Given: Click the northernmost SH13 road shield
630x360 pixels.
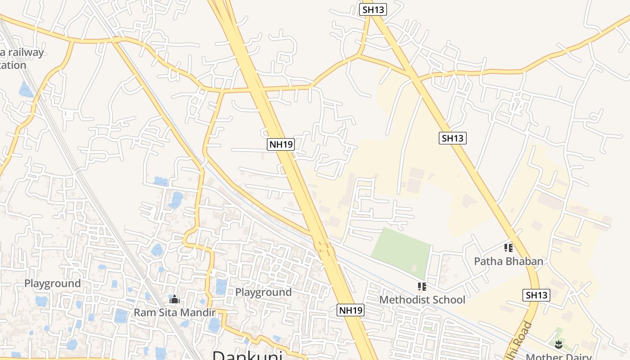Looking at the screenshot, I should (373, 9).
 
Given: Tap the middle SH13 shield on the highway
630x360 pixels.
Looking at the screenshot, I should (452, 138).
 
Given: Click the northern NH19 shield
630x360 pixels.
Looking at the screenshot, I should (281, 144).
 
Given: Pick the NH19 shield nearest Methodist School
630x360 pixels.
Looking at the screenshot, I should (351, 310).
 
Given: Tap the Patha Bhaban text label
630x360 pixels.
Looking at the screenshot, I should (508, 261).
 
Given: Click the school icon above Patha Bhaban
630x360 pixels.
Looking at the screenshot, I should (508, 248).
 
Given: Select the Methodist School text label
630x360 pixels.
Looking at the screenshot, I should (422, 300).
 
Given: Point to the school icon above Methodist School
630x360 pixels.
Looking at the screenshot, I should (422, 287).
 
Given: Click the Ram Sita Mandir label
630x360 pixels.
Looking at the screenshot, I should (175, 312).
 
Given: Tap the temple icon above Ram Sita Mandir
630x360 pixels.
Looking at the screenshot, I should (174, 299).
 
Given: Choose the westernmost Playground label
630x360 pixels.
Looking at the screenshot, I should (53, 283).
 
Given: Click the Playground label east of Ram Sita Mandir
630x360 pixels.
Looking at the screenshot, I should (263, 292).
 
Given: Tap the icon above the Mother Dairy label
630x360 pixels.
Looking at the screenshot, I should (558, 345).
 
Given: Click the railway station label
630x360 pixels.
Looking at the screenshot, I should (20, 58).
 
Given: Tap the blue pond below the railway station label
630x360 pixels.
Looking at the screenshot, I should (26, 89).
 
